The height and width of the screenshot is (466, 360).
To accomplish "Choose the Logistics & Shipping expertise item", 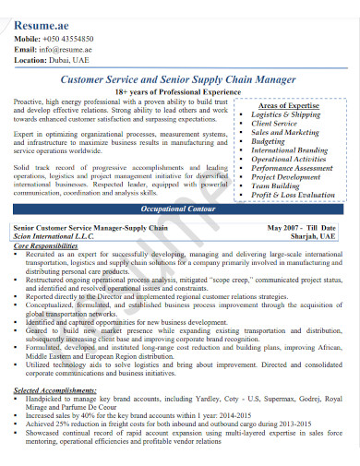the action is pyautogui.click(x=286, y=115).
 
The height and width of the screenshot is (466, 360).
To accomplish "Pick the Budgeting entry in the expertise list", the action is pyautogui.click(x=269, y=142).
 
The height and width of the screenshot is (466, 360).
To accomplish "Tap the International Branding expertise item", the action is pyautogui.click(x=290, y=150).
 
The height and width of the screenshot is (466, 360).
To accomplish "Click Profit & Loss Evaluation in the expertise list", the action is pyautogui.click(x=294, y=195).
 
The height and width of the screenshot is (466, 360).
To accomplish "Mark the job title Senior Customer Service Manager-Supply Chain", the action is pyautogui.click(x=90, y=227).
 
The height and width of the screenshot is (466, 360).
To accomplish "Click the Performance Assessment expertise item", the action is pyautogui.click(x=293, y=168).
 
